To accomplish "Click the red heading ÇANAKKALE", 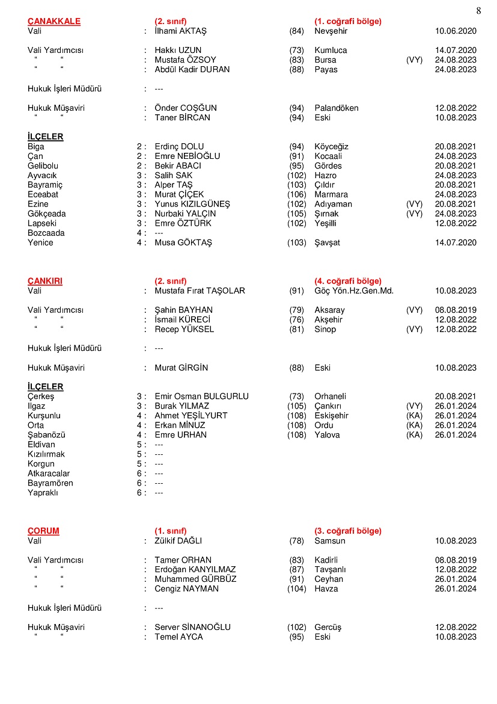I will tap(54, 22).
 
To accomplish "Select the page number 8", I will tap(478, 10).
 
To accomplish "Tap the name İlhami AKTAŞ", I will tap(180, 31).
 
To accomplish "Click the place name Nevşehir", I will tap(331, 31).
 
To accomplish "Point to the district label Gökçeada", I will tap(47, 214).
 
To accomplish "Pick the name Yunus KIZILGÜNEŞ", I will tap(192, 204).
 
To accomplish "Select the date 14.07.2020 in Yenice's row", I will tap(456, 242).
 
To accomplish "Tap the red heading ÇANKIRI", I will tap(45, 281).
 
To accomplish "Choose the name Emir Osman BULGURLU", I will tap(202, 397).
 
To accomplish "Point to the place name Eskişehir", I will tap(331, 416).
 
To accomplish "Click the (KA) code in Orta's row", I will tap(415, 425).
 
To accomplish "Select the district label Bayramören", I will tap(50, 483).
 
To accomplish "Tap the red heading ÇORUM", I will tap(43, 531).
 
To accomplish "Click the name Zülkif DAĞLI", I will tap(178, 541).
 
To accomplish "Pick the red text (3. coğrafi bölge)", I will tap(348, 531).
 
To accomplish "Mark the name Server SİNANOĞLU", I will tap(193, 628).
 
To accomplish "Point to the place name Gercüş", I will tap(328, 628).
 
